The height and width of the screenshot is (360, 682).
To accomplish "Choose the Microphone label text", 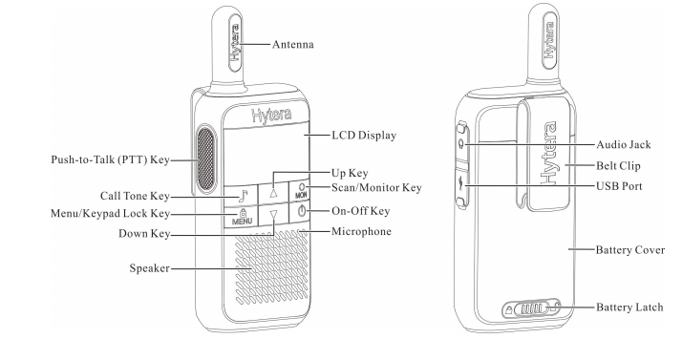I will tap(363, 232).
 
